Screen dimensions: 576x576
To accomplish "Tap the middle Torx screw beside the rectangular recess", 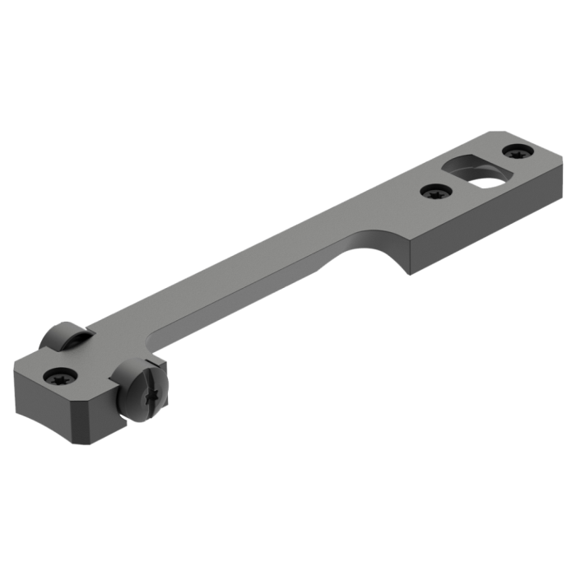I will (433, 193).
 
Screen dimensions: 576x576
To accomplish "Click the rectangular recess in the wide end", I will (467, 170).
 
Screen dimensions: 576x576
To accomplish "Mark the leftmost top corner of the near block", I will (15, 370).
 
